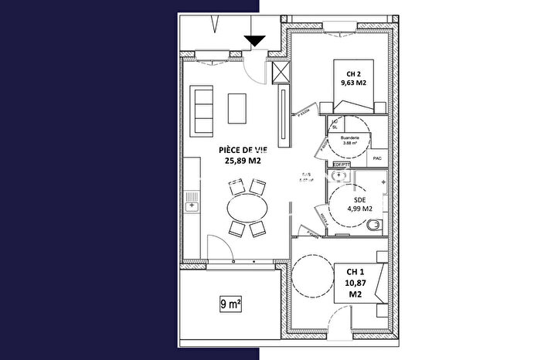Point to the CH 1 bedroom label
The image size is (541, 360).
pos(356,272)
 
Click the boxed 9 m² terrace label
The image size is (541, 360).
pos(230,304)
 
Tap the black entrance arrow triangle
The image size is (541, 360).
pos(255,41)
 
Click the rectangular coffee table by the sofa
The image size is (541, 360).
pos(237,108)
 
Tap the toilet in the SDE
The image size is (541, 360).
pos(375,226)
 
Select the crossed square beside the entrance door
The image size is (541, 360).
pos(282,72)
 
